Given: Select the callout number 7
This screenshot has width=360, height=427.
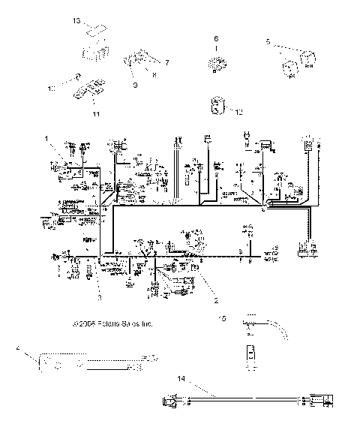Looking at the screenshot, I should click(x=166, y=62).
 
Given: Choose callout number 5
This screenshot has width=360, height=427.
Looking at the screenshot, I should click(x=268, y=43).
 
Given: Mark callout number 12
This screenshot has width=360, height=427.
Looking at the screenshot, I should click(x=238, y=112).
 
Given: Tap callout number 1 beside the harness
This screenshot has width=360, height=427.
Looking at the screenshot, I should click(x=46, y=138).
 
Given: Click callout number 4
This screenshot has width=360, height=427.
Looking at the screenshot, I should click(x=17, y=349).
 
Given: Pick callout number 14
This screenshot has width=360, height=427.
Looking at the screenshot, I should click(x=180, y=380).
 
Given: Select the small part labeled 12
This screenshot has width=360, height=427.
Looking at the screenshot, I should click(x=218, y=107).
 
